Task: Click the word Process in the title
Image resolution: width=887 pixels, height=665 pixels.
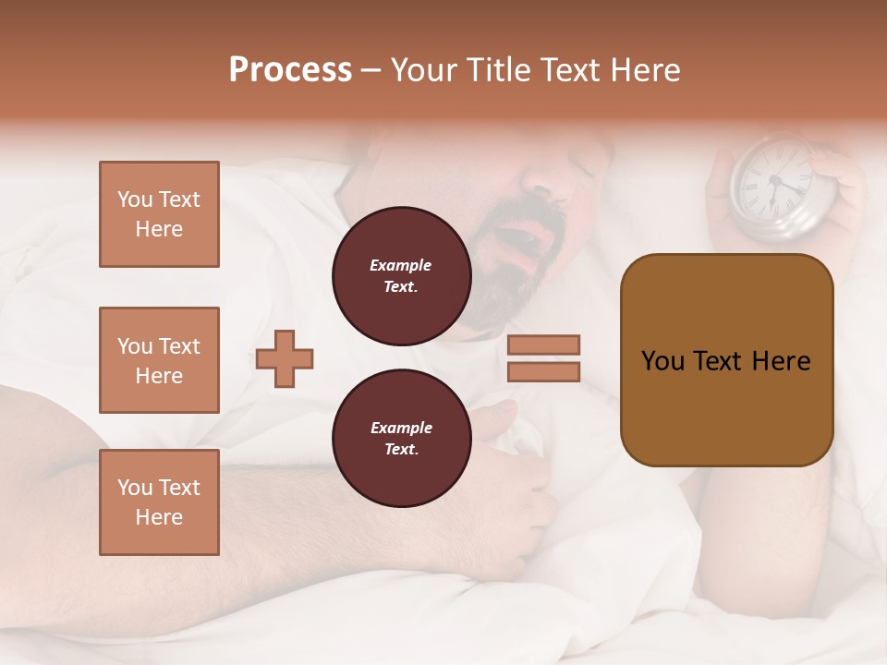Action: coord(290,70)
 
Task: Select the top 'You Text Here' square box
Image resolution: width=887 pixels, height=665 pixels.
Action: coord(159,214)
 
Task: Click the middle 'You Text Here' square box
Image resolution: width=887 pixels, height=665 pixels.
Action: coord(159,360)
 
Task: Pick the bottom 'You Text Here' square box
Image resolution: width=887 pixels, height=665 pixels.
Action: coord(159,502)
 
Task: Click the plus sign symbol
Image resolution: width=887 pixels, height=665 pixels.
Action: coord(285,359)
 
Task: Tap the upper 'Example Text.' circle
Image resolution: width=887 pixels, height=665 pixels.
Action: coord(401,276)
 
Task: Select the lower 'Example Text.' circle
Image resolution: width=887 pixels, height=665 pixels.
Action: coord(401,439)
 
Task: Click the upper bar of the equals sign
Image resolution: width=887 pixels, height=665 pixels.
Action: coord(543,345)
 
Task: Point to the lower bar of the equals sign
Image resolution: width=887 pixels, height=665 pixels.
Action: coord(543,371)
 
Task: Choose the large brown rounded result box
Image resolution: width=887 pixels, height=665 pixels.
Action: coord(726,360)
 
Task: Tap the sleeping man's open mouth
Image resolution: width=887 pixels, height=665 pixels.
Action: coord(523,248)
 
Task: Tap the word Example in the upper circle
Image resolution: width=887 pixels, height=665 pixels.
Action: coord(401,265)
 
